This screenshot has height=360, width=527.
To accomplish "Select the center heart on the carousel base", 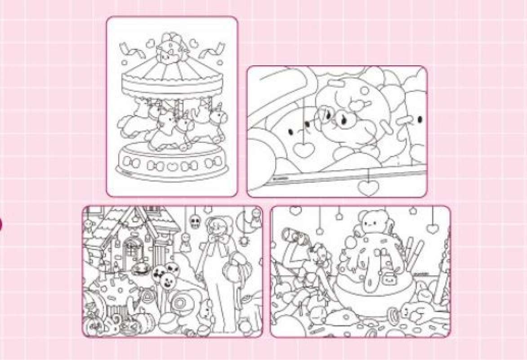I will (x=172, y=166).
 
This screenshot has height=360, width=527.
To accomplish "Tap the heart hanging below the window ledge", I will (x=368, y=187).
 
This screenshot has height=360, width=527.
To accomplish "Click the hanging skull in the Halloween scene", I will (x=195, y=222).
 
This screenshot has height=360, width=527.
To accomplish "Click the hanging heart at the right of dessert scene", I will (x=433, y=228).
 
